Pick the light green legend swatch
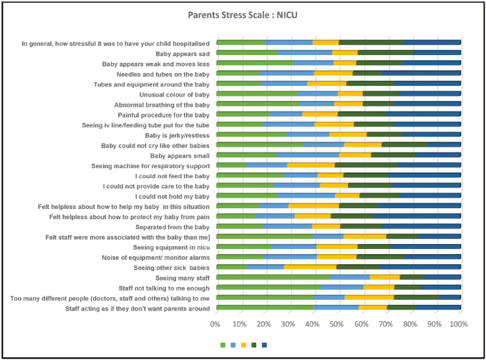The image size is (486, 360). (223, 345)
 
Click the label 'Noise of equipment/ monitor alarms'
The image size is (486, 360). (151, 257)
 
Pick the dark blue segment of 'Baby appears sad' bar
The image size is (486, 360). (437, 53)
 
